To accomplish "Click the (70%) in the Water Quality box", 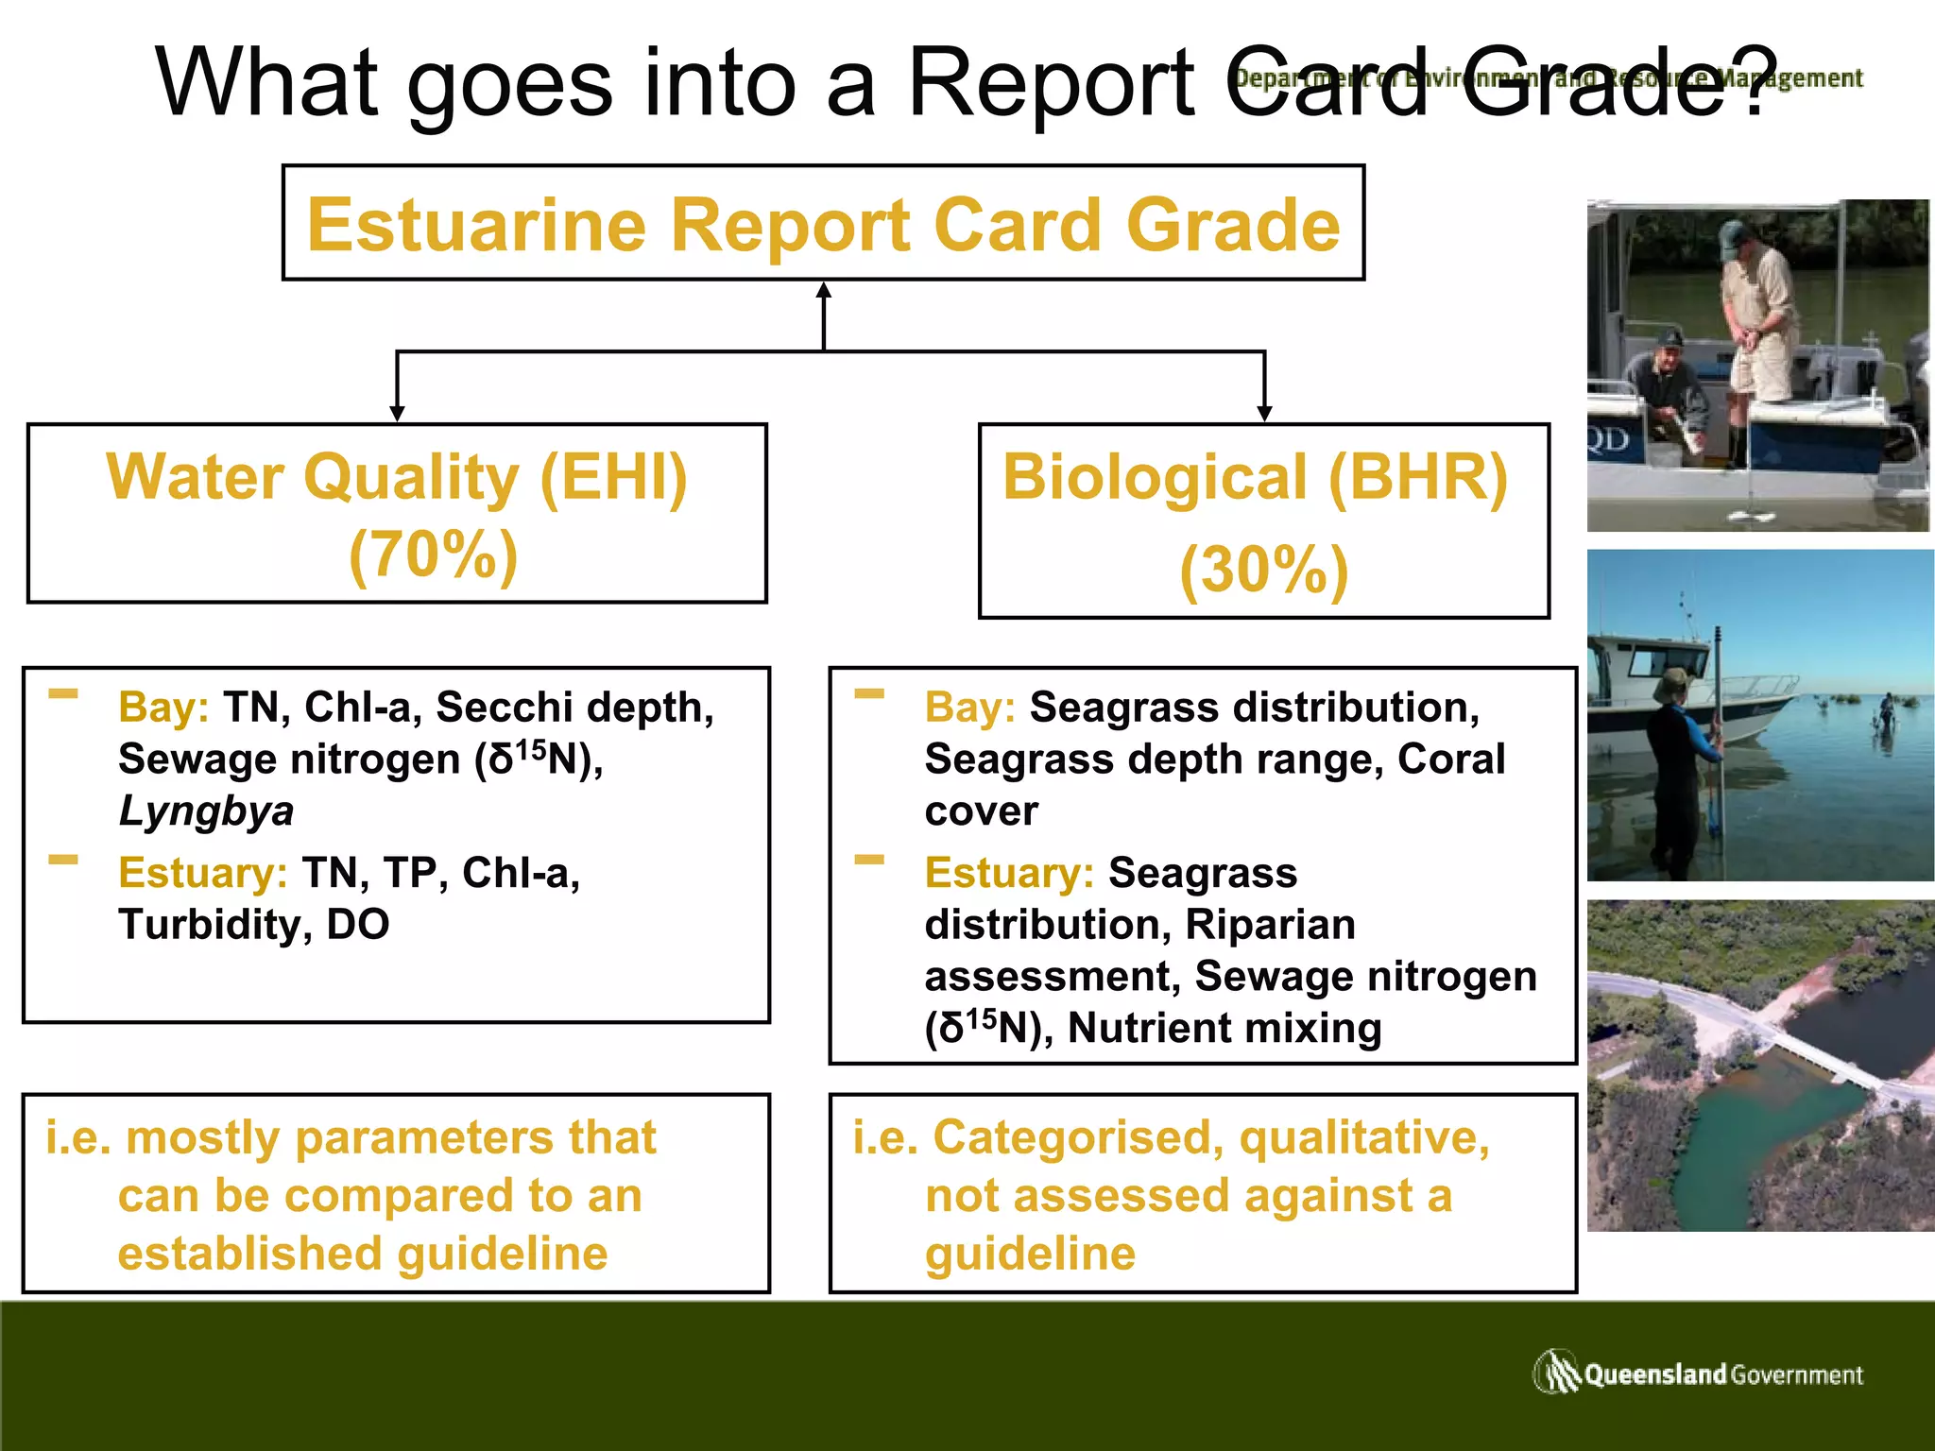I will click(434, 555).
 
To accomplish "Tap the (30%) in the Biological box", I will click(1264, 571).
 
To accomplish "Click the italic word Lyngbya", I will click(206, 811).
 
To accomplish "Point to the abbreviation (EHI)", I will click(613, 477).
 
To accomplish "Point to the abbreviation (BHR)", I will click(1417, 477).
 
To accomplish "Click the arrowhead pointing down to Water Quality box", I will click(397, 413).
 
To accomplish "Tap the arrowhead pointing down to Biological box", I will click(1264, 413).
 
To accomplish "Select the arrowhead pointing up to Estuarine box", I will click(824, 291).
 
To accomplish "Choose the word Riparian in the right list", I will click(1270, 925).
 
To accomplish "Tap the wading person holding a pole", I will click(1680, 765).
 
